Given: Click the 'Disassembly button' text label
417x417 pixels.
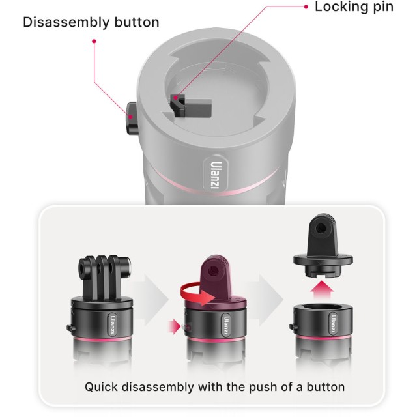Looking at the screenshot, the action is pyautogui.click(x=91, y=22).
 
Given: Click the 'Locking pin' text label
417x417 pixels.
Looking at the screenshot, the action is pyautogui.click(x=354, y=7).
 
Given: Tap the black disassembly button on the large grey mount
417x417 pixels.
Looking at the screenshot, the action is pyautogui.click(x=132, y=118).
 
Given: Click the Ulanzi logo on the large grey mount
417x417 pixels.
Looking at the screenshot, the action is pyautogui.click(x=216, y=175).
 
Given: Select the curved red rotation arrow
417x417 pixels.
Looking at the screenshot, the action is pyautogui.click(x=197, y=294).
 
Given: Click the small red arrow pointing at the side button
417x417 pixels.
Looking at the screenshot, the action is pyautogui.click(x=175, y=326).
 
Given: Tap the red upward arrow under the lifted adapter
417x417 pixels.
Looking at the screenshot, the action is pyautogui.click(x=322, y=291).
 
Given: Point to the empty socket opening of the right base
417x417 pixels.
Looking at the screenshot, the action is pyautogui.click(x=323, y=309).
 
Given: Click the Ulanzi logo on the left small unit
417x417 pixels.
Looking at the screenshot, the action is pyautogui.click(x=112, y=325).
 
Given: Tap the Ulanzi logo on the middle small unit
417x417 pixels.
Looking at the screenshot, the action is pyautogui.click(x=226, y=325).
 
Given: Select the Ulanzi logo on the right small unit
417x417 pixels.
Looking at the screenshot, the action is pyautogui.click(x=333, y=323).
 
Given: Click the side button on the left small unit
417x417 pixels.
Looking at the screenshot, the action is pyautogui.click(x=70, y=328).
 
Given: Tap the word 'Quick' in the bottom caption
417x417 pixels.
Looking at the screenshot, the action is pyautogui.click(x=102, y=387).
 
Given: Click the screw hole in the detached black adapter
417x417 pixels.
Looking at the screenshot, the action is pyautogui.click(x=321, y=227).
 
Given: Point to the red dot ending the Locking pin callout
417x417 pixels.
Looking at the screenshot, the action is pyautogui.click(x=306, y=7).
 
